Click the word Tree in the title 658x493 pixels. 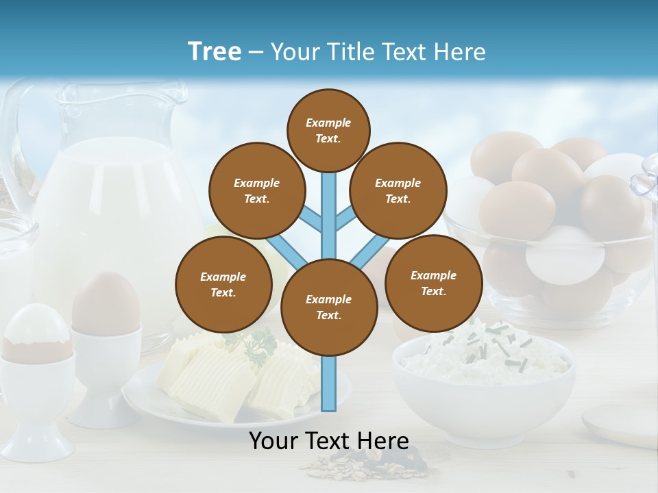pyautogui.click(x=215, y=52)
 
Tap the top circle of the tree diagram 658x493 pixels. pyautogui.click(x=328, y=130)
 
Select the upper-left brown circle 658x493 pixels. pyautogui.click(x=256, y=190)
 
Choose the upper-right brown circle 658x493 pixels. pyautogui.click(x=398, y=190)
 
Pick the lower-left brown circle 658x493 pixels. pyautogui.click(x=223, y=284)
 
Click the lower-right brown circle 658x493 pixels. pyautogui.click(x=433, y=283)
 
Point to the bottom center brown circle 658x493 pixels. pyautogui.click(x=328, y=307)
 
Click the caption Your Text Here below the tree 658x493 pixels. pyautogui.click(x=328, y=441)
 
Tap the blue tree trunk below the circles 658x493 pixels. pyautogui.click(x=328, y=383)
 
